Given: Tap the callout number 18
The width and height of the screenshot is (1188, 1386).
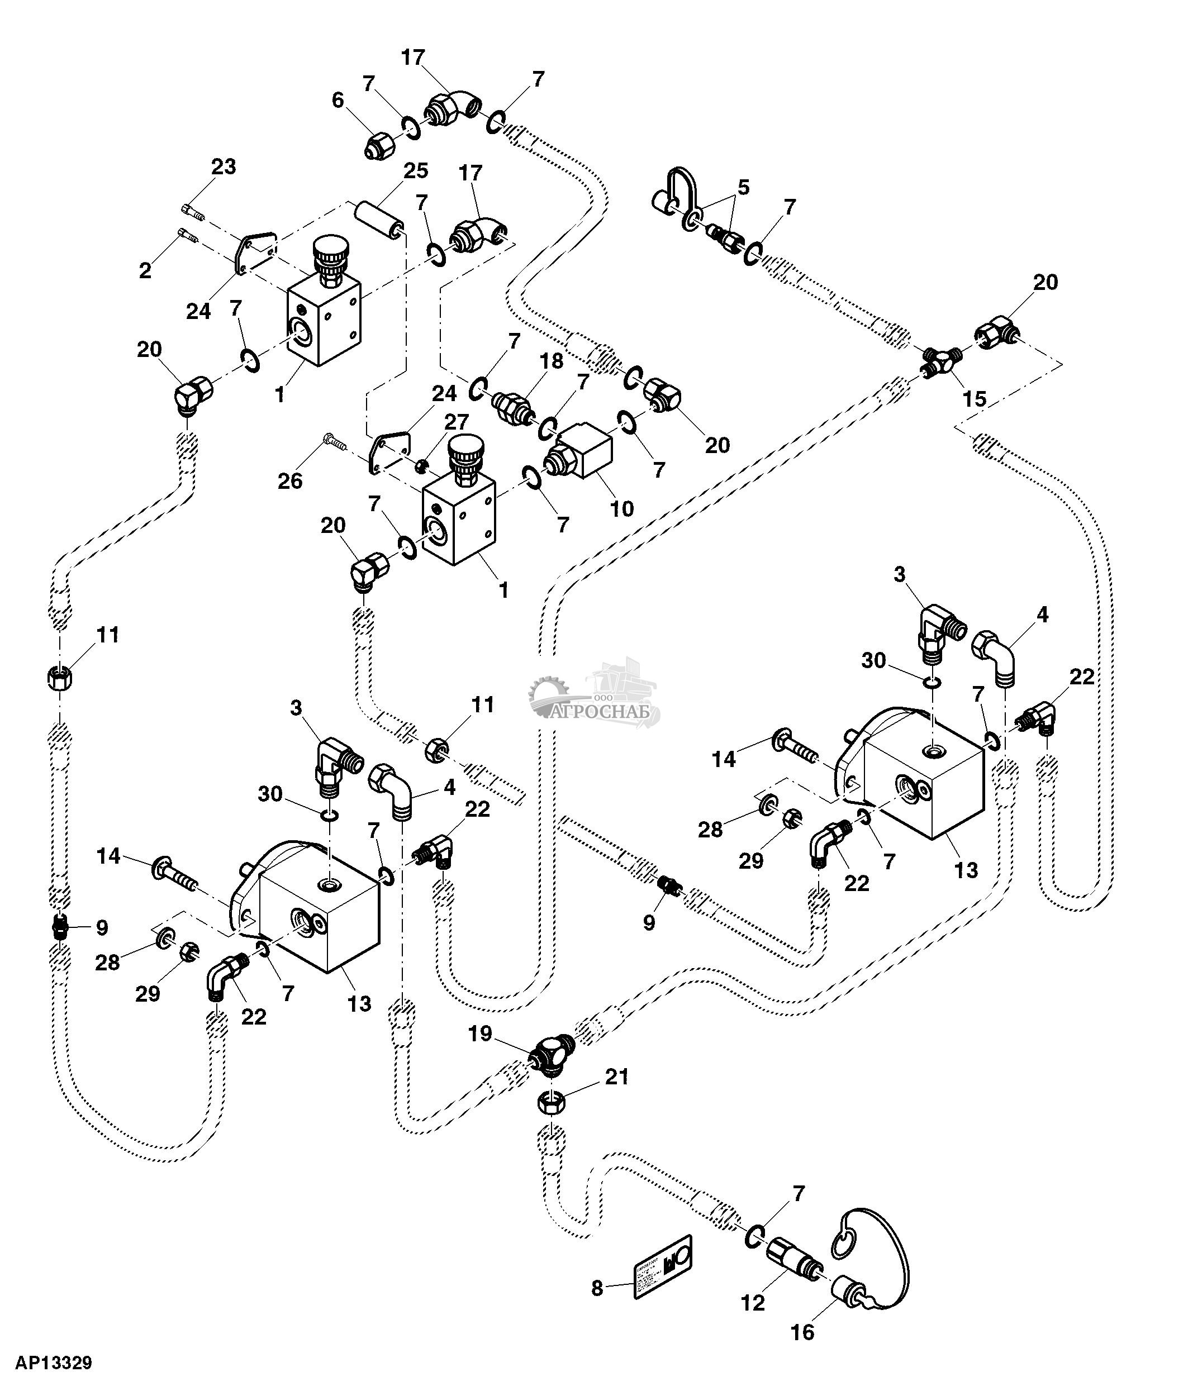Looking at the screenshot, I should click(x=552, y=361).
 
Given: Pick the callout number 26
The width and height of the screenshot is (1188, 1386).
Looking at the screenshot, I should click(x=291, y=480).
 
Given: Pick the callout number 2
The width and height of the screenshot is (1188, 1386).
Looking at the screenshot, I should click(x=145, y=270).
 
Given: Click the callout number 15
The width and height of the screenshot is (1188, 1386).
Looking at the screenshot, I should click(x=974, y=399).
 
